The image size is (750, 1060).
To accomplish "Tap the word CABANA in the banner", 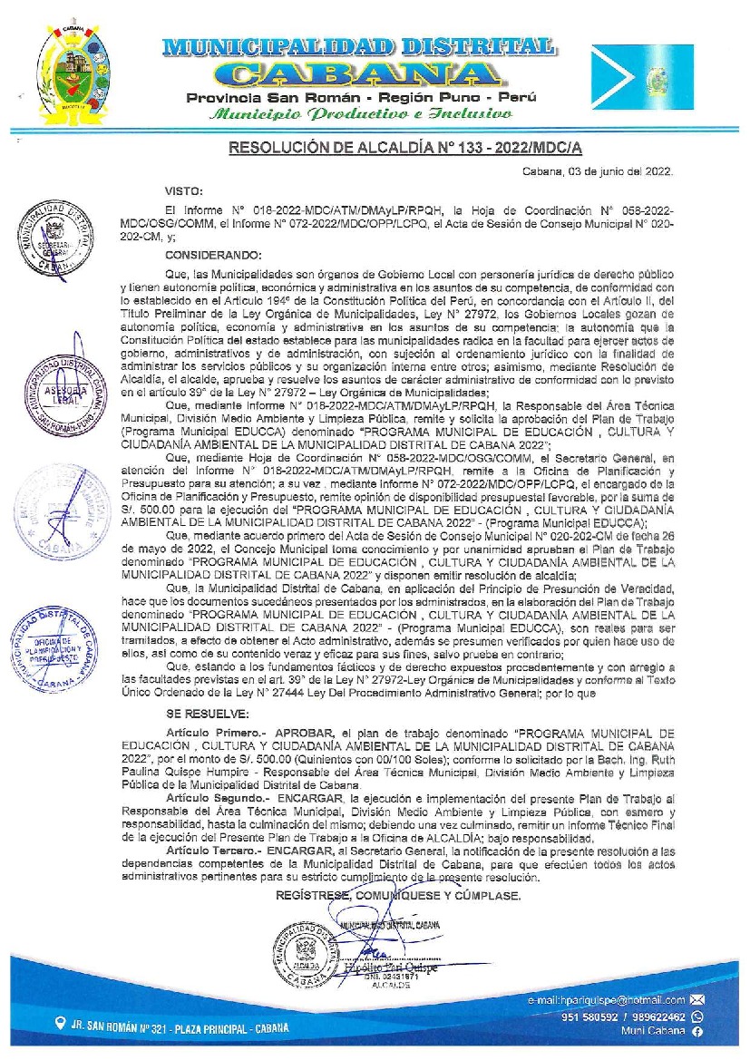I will click(361, 74).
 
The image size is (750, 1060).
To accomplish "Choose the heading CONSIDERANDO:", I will click(213, 255).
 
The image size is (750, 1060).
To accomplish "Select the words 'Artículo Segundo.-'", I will click(215, 795).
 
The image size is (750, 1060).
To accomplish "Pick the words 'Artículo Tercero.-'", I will click(213, 853).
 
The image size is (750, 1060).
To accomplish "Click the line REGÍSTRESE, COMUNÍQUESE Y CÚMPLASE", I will click(399, 895).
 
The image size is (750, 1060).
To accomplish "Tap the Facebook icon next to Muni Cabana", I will click(697, 1032).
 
